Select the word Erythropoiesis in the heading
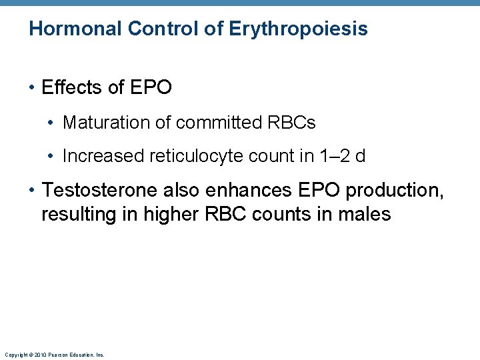pyautogui.click(x=298, y=29)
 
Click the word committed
pyautogui.click(x=207, y=123)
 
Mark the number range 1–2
pyautogui.click(x=333, y=156)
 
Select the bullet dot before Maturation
pyautogui.click(x=51, y=123)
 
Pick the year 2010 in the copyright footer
pyautogui.click(x=39, y=355)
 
